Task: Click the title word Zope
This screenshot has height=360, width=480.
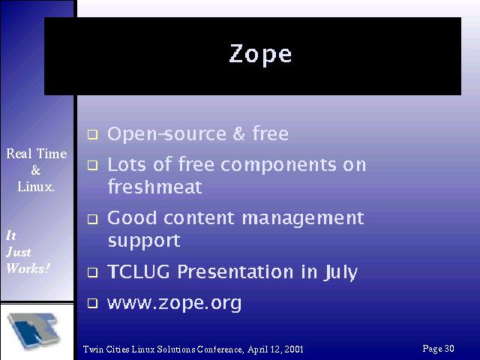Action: [x=260, y=54]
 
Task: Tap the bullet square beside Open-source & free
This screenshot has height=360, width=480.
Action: [x=92, y=134]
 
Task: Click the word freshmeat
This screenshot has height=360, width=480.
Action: [x=155, y=187]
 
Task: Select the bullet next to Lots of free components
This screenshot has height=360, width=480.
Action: [x=92, y=165]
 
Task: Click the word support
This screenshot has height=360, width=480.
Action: [x=144, y=241]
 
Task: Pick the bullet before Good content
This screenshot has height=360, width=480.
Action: [x=92, y=219]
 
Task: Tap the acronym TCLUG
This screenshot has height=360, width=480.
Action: [x=138, y=271]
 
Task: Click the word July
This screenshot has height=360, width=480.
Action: [x=340, y=272]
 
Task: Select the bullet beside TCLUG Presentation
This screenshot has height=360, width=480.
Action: [x=92, y=272]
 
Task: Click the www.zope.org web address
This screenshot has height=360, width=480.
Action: [x=174, y=304]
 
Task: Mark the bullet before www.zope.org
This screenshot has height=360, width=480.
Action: [x=92, y=303]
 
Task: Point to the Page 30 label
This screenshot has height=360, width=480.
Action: [x=438, y=349]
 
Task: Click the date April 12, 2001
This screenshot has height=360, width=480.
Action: [x=275, y=349]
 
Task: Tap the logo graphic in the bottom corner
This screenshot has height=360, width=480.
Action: [x=34, y=331]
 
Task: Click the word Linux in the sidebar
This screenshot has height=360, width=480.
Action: [x=35, y=187]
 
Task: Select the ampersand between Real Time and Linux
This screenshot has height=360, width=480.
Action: [x=35, y=170]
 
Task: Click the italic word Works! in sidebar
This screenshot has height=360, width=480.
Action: [x=28, y=268]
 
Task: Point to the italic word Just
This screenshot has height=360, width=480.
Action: [x=18, y=252]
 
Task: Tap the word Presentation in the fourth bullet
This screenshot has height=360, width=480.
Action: [x=235, y=271]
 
